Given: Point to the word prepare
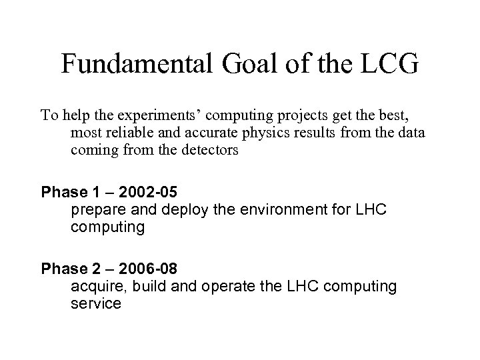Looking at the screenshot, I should pos(95,211).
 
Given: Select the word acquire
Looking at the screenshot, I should pos(94,287).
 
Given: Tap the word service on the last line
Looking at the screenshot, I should pos(95,304).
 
